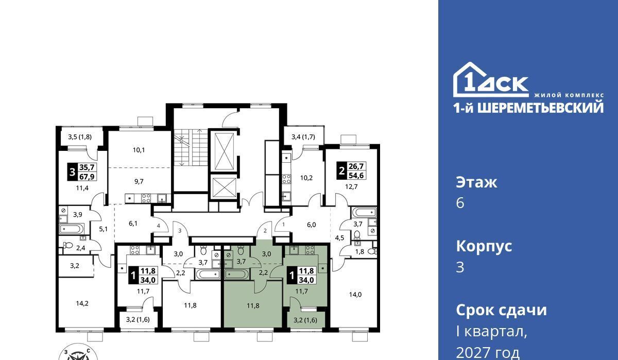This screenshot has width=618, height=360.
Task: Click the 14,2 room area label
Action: [82, 303]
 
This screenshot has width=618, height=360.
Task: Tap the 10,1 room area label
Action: [139, 150]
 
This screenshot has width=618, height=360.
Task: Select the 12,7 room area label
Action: [351, 187]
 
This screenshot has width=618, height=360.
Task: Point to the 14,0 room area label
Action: [355, 295]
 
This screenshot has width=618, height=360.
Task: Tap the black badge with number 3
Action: [72, 173]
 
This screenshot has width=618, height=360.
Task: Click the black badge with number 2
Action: [341, 171]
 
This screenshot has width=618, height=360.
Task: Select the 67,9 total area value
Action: [87, 177]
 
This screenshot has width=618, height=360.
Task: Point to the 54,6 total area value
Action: [356, 175]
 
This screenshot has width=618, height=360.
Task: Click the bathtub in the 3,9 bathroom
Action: [71, 229]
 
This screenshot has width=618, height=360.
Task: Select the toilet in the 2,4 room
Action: [67, 245]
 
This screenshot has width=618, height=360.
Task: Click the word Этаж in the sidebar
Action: [476, 182]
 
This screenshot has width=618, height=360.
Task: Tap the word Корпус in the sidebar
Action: [484, 246]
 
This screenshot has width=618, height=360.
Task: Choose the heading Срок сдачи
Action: [501, 310]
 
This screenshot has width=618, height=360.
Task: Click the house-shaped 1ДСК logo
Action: [491, 80]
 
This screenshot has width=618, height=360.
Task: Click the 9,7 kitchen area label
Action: [139, 181]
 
